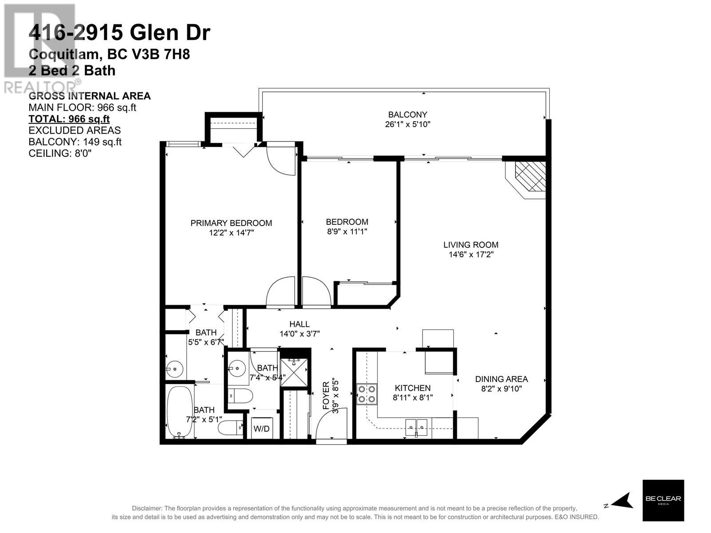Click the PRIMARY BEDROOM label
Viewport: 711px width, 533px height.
pos(231,223)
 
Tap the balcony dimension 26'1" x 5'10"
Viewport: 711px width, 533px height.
pos(407,124)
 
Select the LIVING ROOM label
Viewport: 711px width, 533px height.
pos(471,245)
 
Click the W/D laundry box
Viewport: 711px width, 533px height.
pos(261,429)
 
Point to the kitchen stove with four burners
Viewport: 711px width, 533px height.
pos(367,394)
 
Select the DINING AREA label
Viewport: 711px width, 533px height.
pos(501,379)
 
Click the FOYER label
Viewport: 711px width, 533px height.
pos(326,395)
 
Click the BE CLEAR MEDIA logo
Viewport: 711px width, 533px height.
pos(663,500)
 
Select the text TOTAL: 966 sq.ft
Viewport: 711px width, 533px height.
pos(69,119)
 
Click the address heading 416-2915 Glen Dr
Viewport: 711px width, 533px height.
pos(119,33)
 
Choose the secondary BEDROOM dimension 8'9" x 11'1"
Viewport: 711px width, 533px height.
pos(347,231)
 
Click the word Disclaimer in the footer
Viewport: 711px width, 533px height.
pos(147,509)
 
